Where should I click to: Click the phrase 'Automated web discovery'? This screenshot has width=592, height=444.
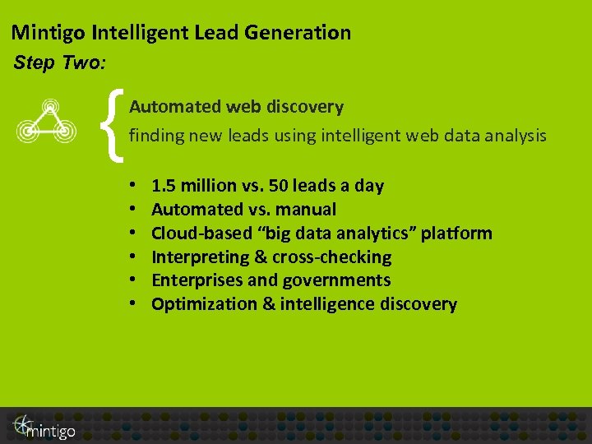pyautogui.click(x=236, y=107)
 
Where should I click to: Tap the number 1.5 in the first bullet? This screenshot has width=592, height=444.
pyautogui.click(x=164, y=186)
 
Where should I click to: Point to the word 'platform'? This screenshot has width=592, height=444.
pyautogui.click(x=458, y=234)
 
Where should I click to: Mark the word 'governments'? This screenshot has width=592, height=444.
pyautogui.click(x=336, y=280)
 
